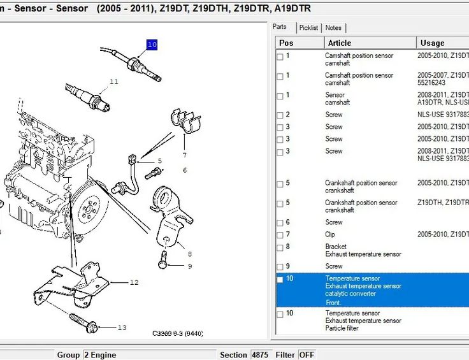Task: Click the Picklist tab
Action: [x=309, y=28]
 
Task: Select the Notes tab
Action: [x=333, y=28]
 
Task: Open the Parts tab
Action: [x=280, y=27]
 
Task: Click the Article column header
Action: [x=339, y=43]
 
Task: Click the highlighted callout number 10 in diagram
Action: [x=152, y=45]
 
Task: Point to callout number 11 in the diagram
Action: [x=114, y=82]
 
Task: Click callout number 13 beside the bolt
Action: [x=122, y=328]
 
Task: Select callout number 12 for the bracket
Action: [x=134, y=282]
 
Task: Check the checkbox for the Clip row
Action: [x=280, y=235]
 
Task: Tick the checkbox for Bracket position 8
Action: [x=280, y=247]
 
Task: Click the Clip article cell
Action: [x=330, y=234]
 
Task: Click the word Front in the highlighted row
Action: [x=334, y=303]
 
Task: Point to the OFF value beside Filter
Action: [x=307, y=355]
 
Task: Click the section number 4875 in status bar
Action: [x=260, y=355]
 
